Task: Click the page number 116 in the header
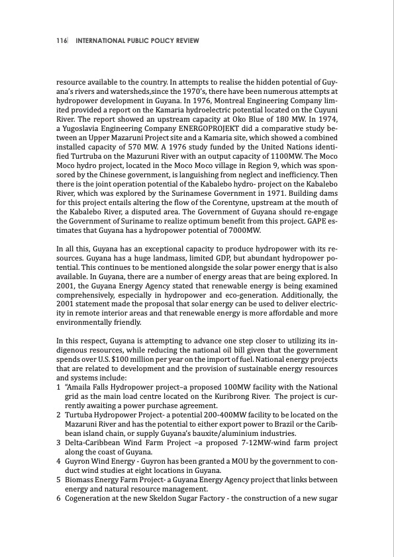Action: tap(62, 41)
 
